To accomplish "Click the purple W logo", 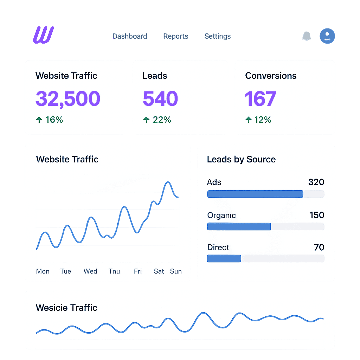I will coord(43,35).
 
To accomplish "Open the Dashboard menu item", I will coord(130,36).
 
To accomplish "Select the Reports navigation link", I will coord(176,36).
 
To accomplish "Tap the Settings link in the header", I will coord(218,36).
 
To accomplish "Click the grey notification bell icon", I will coord(307,36).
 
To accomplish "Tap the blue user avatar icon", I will coord(327,36).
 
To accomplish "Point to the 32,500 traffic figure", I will coord(68,98).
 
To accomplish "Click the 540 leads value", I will coord(160,98).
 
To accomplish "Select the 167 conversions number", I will coord(261,98).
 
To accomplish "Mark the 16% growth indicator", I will coord(50,120).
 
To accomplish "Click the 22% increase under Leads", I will coord(157,120).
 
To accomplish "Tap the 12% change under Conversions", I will coord(258,120).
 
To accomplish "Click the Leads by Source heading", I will coord(241,159).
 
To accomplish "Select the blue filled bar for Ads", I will coord(255,194).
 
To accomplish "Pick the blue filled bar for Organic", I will coord(239,226).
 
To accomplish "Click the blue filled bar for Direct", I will coord(224,259).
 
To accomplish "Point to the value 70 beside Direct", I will coord(319,247).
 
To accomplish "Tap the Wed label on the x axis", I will coord(90,271).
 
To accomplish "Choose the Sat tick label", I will coord(159,271).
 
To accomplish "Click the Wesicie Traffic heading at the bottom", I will coord(66,308).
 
